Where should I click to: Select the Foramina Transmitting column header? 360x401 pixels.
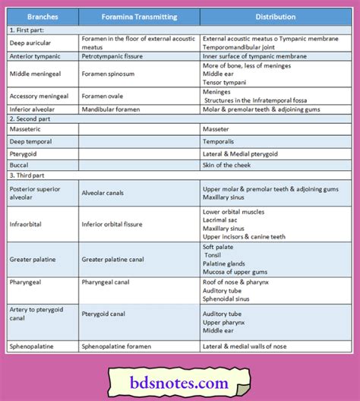tap(139, 17)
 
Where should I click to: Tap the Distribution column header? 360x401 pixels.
tap(276, 17)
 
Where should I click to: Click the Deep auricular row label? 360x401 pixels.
tap(30, 42)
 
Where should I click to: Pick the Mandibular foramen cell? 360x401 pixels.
tap(113, 109)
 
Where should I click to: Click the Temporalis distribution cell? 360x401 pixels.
tap(220, 141)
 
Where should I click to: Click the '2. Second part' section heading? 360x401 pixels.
tap(32, 119)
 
